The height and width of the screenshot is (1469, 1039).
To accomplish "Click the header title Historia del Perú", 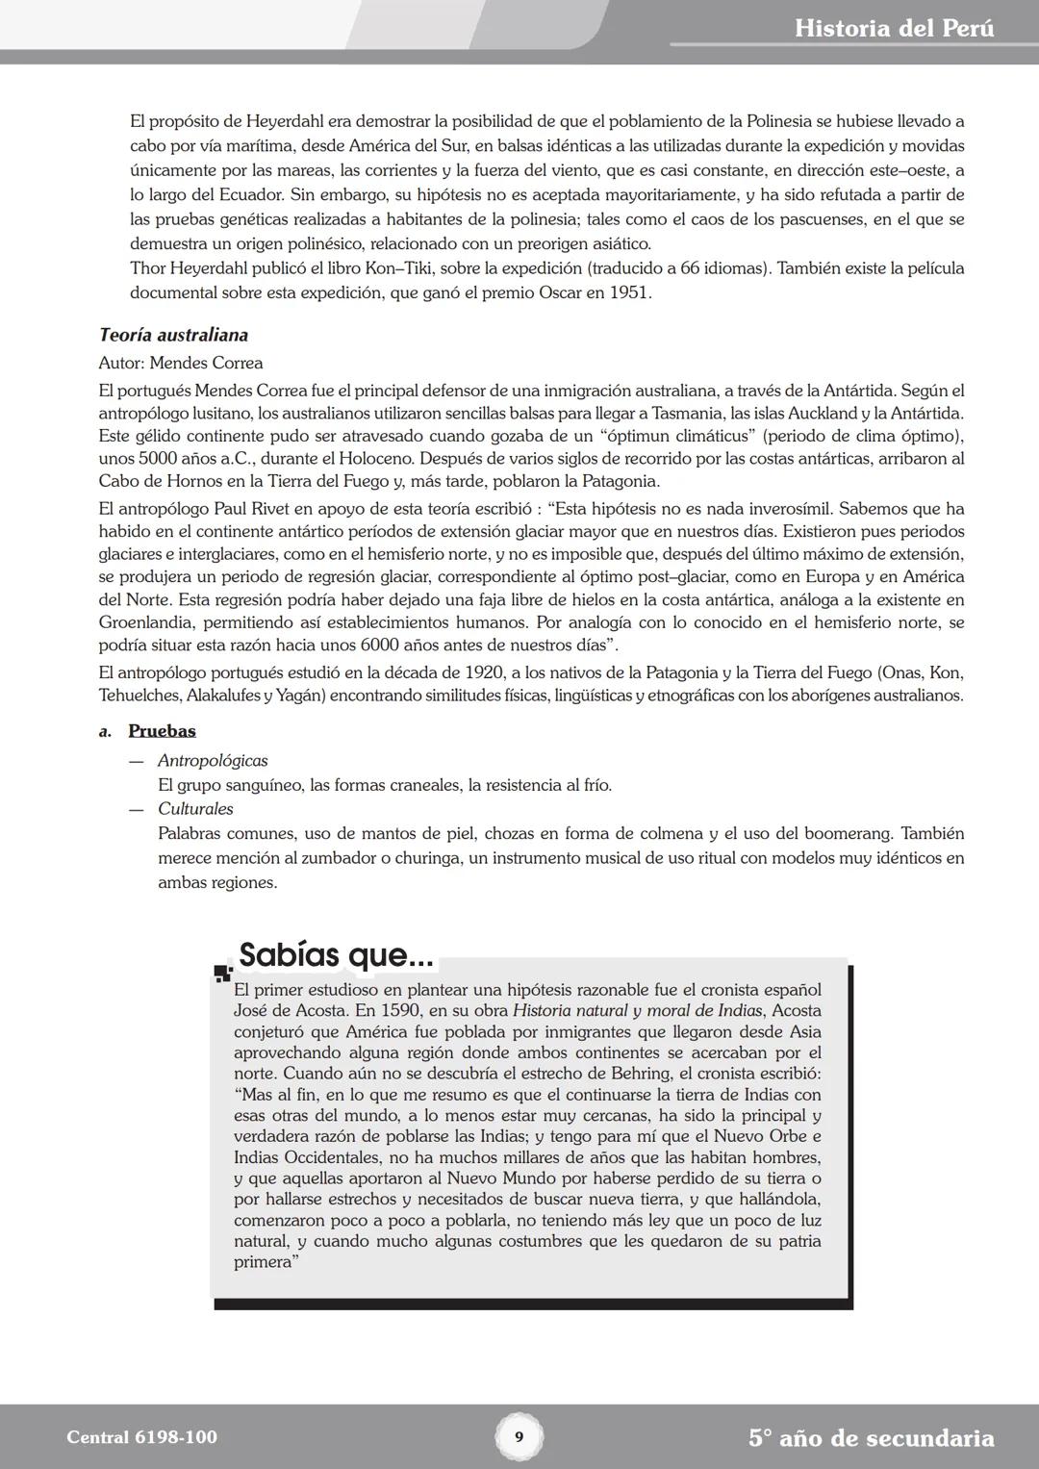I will (x=894, y=28).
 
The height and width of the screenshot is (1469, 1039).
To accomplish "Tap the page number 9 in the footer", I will (x=519, y=1437).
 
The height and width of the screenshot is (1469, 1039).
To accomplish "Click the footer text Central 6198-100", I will (x=142, y=1437).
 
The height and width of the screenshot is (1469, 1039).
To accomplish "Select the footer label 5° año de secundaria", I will (x=871, y=1438).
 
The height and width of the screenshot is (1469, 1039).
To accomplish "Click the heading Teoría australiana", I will (x=173, y=335).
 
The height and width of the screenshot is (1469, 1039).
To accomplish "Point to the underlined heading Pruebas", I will (x=162, y=731).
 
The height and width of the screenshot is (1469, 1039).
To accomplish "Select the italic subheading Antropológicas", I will (x=213, y=761).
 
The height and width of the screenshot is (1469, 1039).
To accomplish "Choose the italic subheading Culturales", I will (x=195, y=809).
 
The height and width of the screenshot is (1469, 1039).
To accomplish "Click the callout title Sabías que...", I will (x=336, y=955).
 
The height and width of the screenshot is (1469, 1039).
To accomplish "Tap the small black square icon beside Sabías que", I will (x=223, y=973).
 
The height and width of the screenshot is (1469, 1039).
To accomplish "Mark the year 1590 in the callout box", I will (x=401, y=1010).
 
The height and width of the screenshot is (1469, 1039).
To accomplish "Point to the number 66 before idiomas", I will (x=691, y=268).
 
